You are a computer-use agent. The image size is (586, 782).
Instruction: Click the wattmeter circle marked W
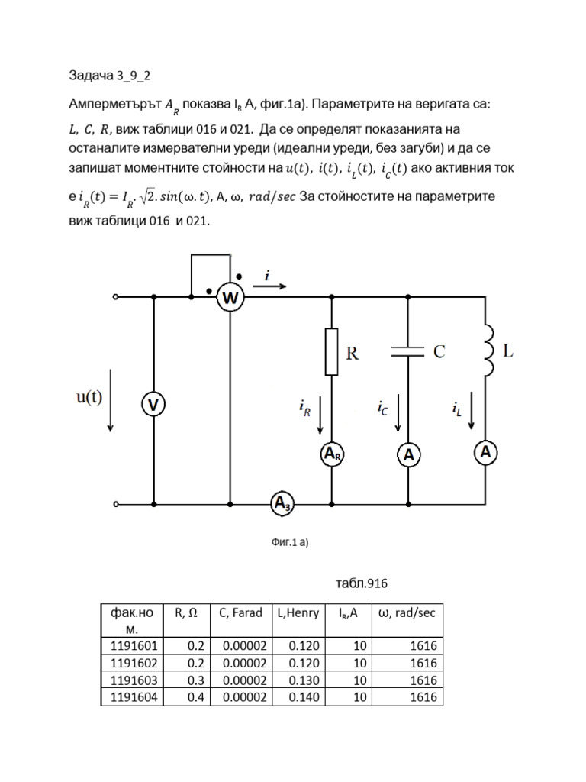[x=230, y=298]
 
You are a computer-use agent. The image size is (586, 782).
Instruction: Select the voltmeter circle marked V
[x=153, y=405]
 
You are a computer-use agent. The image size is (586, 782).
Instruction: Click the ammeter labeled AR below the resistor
[x=332, y=454]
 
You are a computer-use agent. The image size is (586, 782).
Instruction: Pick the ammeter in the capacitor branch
[x=409, y=455]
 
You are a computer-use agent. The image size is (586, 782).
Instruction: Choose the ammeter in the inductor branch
[x=485, y=452]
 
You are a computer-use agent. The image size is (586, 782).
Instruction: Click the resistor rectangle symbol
[x=332, y=351]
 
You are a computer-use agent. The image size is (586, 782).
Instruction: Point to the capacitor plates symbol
[x=409, y=352]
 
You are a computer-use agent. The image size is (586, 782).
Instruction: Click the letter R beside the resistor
[x=353, y=353]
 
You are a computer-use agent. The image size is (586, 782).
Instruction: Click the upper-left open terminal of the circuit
[x=115, y=297]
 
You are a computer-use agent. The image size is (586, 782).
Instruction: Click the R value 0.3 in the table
[x=195, y=680]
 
